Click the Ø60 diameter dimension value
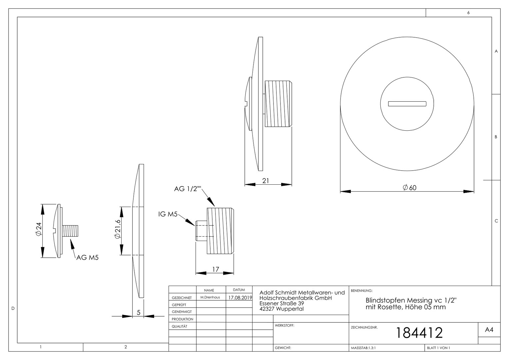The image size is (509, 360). click(409, 188)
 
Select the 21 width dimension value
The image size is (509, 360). click(265, 181)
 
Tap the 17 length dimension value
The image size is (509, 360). click(216, 269)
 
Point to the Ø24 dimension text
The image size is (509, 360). click(39, 229)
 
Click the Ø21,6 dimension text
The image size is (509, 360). click(118, 229)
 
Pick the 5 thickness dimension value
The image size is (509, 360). click(139, 313)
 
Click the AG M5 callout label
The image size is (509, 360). click(88, 258)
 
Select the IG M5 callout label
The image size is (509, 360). click(168, 214)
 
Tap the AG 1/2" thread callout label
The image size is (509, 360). click(188, 189)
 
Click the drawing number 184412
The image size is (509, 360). click(419, 333)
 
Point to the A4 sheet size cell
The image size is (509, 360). click(489, 330)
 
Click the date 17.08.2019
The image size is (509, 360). click(240, 298)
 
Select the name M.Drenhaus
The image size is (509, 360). click(210, 297)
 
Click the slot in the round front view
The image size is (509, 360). click(407, 104)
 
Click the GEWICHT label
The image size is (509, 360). click(283, 348)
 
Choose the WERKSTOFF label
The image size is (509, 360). click(284, 325)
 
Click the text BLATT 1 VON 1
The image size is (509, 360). click(439, 348)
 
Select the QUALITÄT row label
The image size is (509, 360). click(180, 326)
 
